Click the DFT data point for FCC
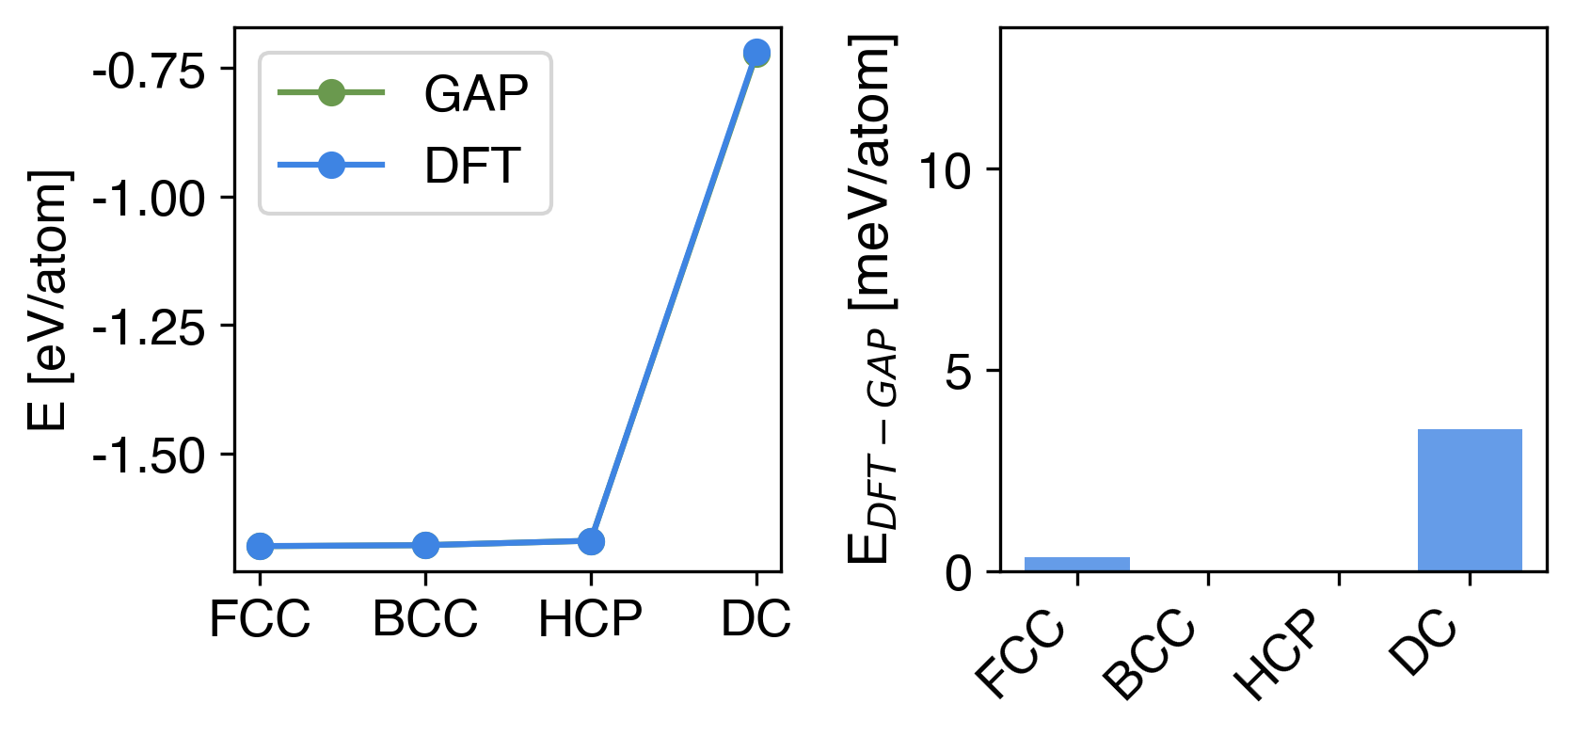pos(260,546)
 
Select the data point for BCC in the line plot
pos(425,545)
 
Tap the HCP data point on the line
pos(591,541)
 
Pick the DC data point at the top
pos(756,54)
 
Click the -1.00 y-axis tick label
pos(149,200)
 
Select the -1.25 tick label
pos(149,328)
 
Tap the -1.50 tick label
pos(149,457)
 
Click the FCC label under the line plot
pos(260,619)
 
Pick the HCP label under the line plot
pos(590,619)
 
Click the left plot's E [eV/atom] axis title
pos(48,300)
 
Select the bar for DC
pos(1470,500)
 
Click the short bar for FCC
pos(1077,564)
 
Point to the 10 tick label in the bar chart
pos(945,171)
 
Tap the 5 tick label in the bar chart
pos(958,373)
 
